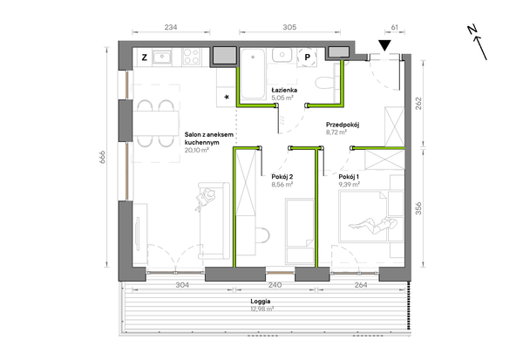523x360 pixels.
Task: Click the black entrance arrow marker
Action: tap(385, 45)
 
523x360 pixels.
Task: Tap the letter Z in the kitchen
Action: tap(144, 58)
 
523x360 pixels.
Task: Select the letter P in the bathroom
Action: tap(307, 58)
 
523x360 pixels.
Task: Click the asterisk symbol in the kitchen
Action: tap(227, 98)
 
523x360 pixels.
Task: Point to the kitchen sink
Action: tap(162, 57)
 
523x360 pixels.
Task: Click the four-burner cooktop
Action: tap(192, 57)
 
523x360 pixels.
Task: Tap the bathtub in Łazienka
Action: tap(253, 74)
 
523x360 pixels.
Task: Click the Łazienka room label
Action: tap(284, 90)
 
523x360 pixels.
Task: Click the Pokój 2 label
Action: tap(282, 177)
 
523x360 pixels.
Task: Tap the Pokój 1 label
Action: tap(349, 177)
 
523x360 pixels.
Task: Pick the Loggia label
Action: tap(261, 302)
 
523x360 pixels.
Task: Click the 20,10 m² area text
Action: tap(197, 150)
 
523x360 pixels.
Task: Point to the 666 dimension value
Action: tap(102, 157)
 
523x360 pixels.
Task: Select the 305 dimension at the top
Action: tap(289, 27)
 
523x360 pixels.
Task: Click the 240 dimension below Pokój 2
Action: tap(275, 285)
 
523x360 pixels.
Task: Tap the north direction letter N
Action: tap(472, 30)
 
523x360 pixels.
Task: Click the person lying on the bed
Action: tap(373, 225)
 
